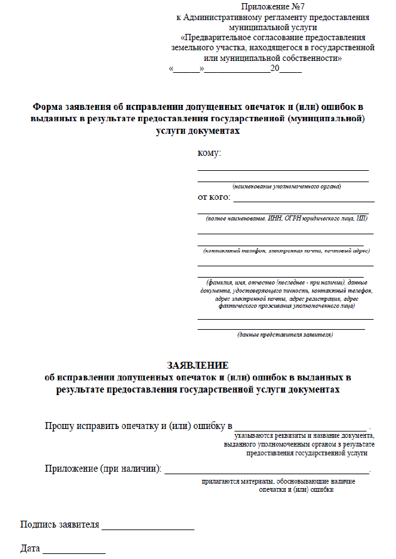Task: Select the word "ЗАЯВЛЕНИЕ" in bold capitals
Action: coord(198,366)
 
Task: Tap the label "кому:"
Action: coord(210,153)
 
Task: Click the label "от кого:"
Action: coord(214,198)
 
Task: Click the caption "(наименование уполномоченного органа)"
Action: coord(286,187)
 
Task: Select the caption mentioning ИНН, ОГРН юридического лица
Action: coord(286,218)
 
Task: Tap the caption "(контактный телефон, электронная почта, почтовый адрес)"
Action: coord(286,251)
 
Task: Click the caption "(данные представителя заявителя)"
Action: coord(285,335)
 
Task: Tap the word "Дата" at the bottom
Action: coord(30,549)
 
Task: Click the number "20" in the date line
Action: coord(275,68)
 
